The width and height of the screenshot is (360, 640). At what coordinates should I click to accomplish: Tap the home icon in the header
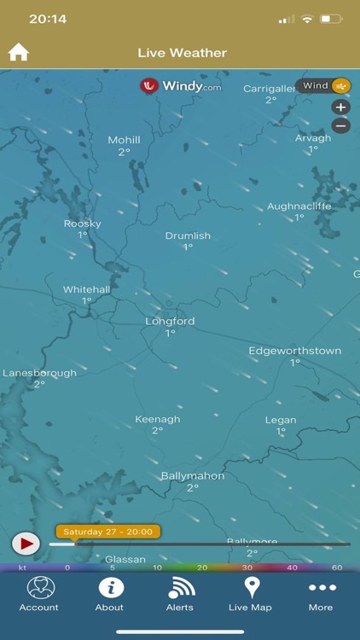point(19,52)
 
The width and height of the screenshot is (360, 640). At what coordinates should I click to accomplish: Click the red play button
point(26,543)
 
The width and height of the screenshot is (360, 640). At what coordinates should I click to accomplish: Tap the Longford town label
point(170,322)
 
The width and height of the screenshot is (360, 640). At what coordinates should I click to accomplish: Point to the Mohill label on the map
point(124,140)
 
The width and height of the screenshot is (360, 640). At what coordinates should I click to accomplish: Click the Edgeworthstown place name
point(294,351)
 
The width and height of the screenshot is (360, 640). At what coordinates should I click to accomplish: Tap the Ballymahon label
point(193,476)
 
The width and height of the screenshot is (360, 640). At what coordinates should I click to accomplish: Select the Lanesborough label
point(39,373)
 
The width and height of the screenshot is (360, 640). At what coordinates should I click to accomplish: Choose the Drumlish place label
point(188,236)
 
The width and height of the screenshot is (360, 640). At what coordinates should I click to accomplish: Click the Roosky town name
point(83,224)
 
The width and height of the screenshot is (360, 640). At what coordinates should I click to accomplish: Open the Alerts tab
point(180,593)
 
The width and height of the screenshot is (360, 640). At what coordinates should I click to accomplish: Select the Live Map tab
point(250,593)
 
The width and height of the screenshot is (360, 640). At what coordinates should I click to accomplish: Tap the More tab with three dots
point(321,593)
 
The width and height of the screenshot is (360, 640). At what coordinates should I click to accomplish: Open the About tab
point(109,593)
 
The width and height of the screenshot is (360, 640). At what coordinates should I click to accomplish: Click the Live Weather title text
point(182,53)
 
